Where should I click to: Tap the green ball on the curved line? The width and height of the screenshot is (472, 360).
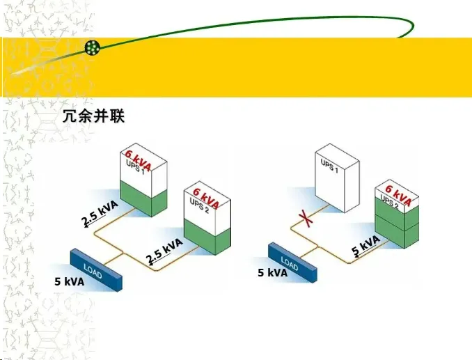coord(93,47)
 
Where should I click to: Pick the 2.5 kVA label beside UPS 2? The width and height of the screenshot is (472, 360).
coord(164,250)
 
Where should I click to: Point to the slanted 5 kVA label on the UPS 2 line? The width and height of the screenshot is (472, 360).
coord(365,246)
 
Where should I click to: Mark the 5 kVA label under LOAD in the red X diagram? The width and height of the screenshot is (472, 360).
coord(272,273)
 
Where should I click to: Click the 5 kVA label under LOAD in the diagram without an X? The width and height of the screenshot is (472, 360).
coord(70,282)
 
